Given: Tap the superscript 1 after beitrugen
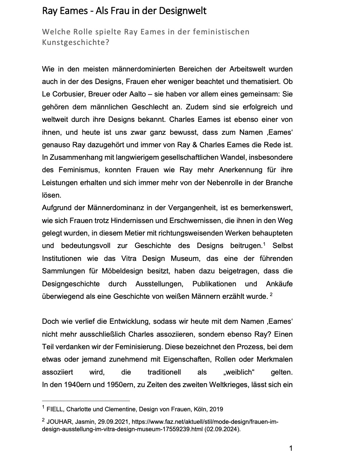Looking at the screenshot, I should pos(264,244).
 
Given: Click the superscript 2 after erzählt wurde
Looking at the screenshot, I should pos(271,295).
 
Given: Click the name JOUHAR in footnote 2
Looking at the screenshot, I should pos(60,422).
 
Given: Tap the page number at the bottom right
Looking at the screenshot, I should pos(290,448).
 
